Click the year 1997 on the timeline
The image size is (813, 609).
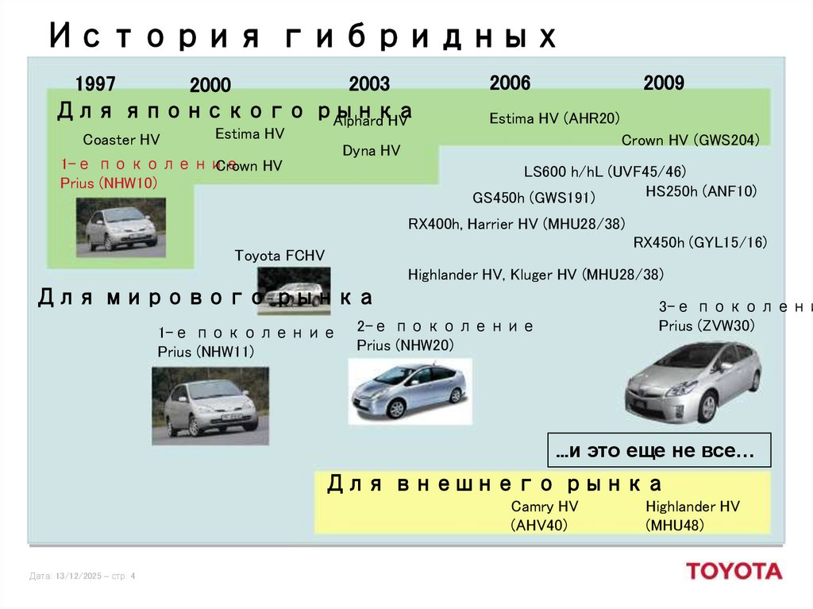pos(95,83)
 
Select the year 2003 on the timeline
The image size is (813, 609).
pos(369,84)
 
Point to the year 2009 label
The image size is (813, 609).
pos(664,83)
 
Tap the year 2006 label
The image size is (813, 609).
pos(510,83)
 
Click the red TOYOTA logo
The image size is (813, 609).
pos(734,571)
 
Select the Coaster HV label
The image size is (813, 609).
pos(121,140)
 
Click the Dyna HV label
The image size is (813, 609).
pos(371,150)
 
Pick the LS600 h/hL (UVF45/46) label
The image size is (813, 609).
pos(605,172)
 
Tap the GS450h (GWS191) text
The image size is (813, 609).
pos(534,198)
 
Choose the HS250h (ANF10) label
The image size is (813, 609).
pos(701,191)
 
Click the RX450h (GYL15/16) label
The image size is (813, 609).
pos(700,242)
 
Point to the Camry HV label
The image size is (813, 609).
pos(545,507)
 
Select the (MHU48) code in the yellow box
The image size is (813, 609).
pos(675,525)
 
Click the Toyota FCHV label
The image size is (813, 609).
pos(279,255)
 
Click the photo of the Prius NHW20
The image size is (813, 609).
pos(410,389)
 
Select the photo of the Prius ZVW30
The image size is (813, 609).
pos(692,379)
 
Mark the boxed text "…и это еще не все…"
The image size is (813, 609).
pos(659,452)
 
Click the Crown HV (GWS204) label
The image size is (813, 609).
pos(691,140)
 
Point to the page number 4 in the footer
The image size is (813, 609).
pos(133,576)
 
